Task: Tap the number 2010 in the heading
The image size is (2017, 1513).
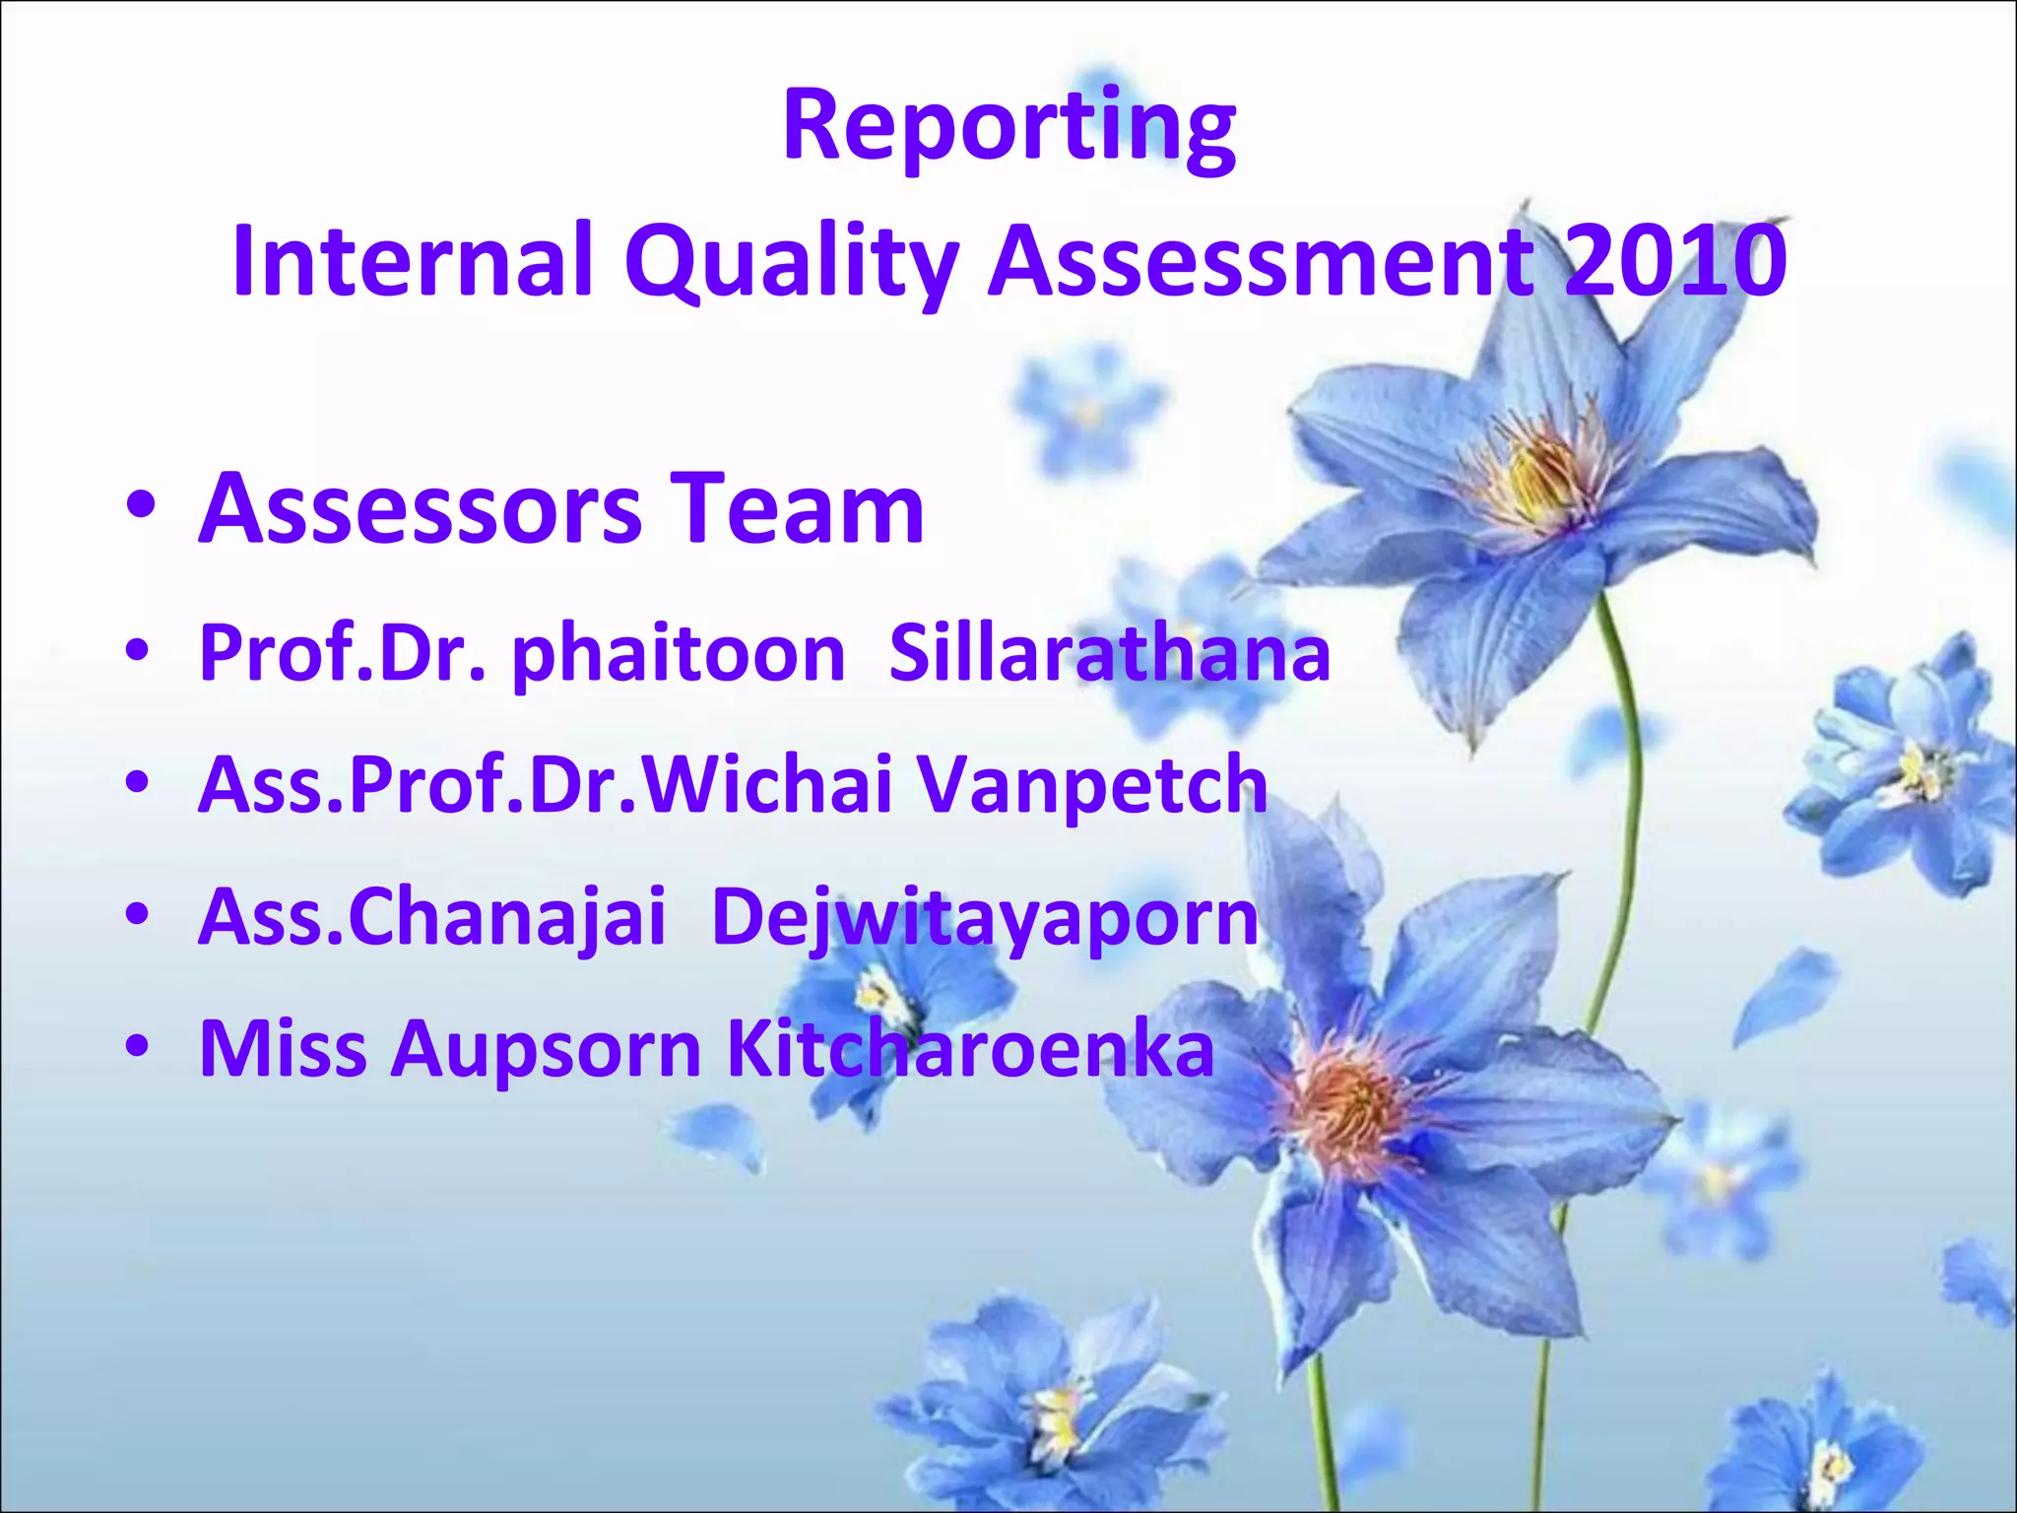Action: tap(1674, 260)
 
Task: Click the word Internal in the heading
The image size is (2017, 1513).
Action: tap(414, 260)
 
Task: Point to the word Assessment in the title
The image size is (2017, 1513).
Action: tap(1261, 260)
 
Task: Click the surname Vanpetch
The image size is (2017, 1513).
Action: tap(1092, 785)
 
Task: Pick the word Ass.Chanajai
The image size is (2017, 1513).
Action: tap(432, 916)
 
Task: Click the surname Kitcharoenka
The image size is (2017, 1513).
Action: tap(970, 1048)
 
